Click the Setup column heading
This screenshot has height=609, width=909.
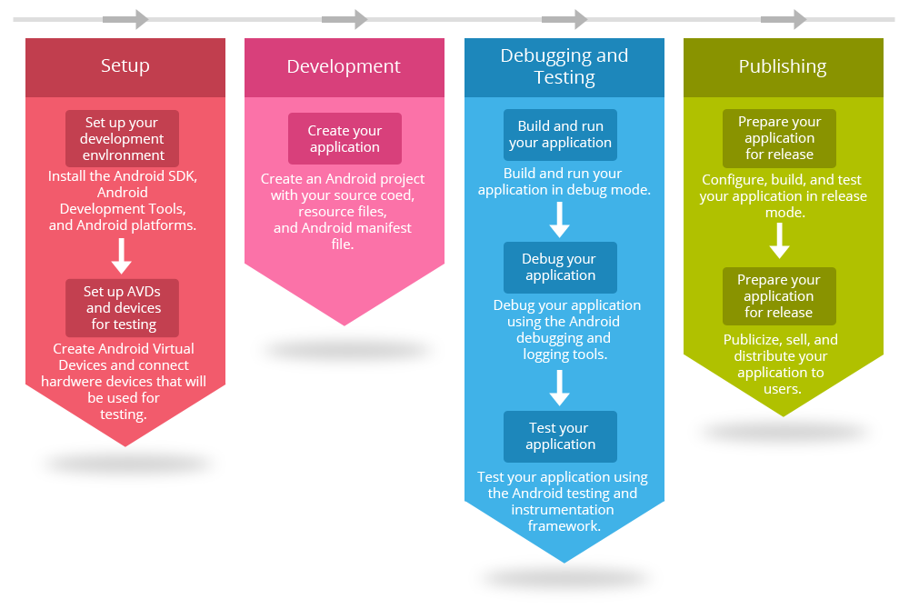[x=125, y=66]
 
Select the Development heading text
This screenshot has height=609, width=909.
[x=344, y=66]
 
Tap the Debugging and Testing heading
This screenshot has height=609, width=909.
[x=564, y=66]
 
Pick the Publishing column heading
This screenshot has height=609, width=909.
[x=782, y=66]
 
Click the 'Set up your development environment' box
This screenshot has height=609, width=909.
[x=123, y=138]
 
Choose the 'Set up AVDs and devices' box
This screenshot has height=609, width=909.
[x=123, y=307]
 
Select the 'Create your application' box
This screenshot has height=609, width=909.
[x=345, y=139]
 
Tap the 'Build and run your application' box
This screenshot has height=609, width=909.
[x=560, y=135]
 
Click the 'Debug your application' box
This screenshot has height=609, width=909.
[x=560, y=267]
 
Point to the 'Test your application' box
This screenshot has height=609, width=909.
[x=560, y=436]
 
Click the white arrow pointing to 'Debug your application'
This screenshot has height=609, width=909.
[x=560, y=219]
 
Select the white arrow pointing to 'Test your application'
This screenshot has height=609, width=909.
[x=560, y=386]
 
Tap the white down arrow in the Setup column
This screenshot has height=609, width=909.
[x=123, y=255]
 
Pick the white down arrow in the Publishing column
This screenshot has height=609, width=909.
[x=779, y=241]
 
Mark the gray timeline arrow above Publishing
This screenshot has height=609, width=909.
[x=784, y=19]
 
